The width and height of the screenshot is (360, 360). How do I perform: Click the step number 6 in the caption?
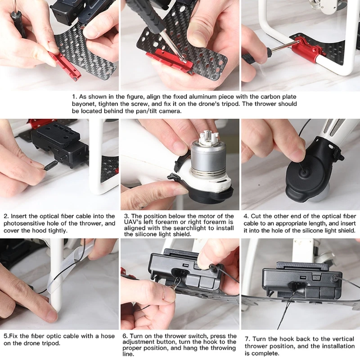[x=125, y=336]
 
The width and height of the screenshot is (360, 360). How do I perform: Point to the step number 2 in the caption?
[x=5, y=216]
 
